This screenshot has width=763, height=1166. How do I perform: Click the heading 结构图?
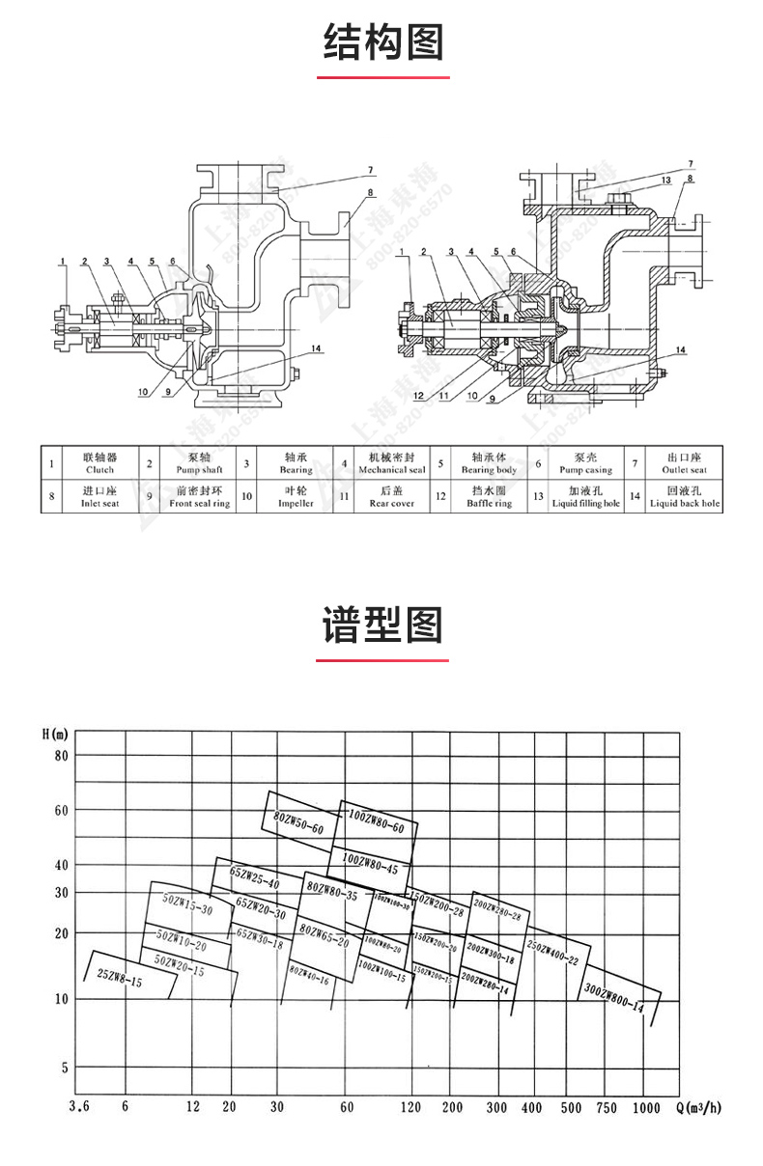(382, 43)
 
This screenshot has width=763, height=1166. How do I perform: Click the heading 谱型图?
(382, 626)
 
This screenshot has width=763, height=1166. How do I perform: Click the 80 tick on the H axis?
(61, 756)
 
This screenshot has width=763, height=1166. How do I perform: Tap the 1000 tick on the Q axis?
(647, 1107)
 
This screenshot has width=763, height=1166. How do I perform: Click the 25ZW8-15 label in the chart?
(121, 980)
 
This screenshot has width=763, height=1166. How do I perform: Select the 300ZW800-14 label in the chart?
(613, 998)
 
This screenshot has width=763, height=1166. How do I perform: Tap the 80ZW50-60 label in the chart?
(299, 822)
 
